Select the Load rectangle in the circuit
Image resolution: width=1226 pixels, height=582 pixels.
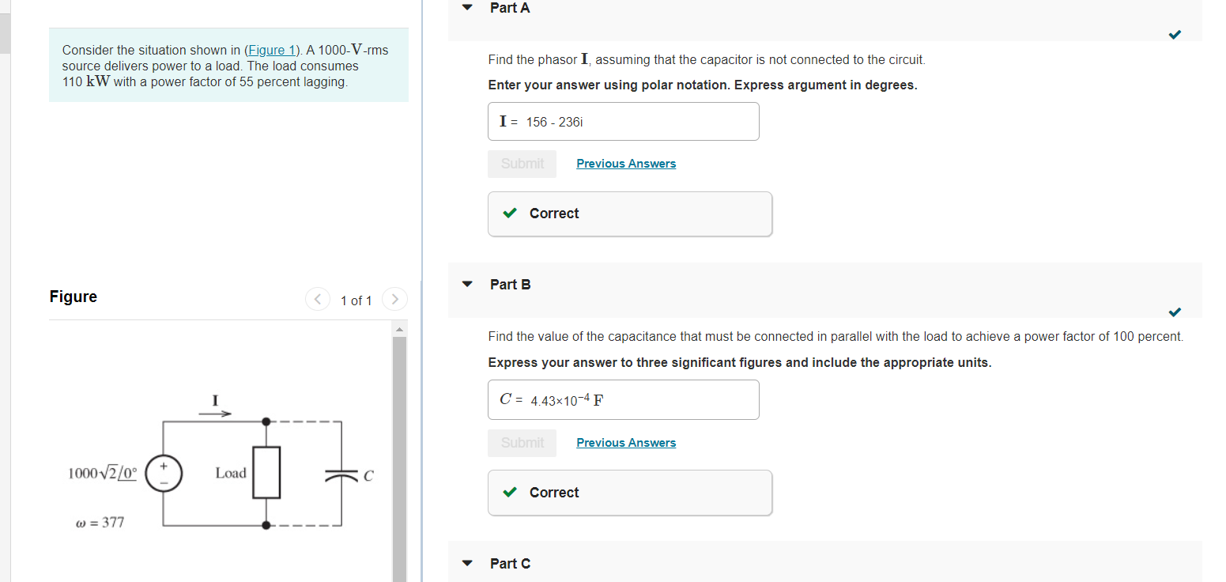(x=266, y=472)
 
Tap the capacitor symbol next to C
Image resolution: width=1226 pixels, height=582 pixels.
(x=341, y=475)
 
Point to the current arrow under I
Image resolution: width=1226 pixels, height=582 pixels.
(x=215, y=413)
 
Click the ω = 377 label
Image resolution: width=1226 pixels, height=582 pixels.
(x=100, y=523)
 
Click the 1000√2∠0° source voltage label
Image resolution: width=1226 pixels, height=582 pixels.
(x=103, y=474)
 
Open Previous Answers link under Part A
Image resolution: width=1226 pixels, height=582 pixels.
(x=626, y=164)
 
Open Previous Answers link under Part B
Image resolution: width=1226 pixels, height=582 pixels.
(x=626, y=443)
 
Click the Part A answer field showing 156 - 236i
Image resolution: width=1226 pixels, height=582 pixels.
(x=623, y=122)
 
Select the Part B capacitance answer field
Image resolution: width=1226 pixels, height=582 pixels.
(x=623, y=400)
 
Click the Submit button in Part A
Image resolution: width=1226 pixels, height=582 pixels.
(x=522, y=164)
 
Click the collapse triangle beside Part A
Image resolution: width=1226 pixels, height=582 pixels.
(x=467, y=8)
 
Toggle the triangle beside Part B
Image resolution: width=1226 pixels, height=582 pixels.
(x=467, y=285)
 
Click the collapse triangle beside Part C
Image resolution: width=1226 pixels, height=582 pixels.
(x=467, y=564)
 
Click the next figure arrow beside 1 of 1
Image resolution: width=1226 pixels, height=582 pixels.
(x=394, y=300)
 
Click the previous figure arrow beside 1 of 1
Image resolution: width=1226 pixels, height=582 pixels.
(x=318, y=300)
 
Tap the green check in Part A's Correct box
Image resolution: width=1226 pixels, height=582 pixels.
(x=511, y=214)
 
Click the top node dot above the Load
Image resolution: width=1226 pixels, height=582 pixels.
(x=266, y=421)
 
